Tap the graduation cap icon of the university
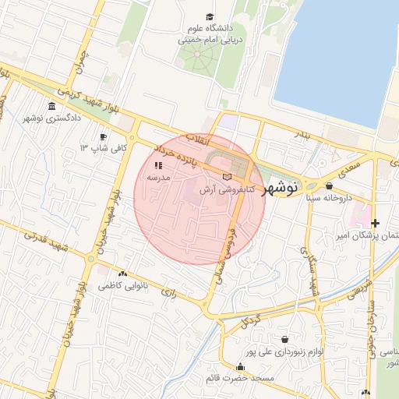[209, 16]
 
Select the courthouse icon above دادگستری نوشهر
[52, 106]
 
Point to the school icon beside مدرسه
[159, 165]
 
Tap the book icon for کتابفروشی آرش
[227, 177]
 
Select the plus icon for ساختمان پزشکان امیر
[374, 224]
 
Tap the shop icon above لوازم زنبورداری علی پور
[284, 340]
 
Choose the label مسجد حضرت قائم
[236, 378]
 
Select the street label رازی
[168, 292]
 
